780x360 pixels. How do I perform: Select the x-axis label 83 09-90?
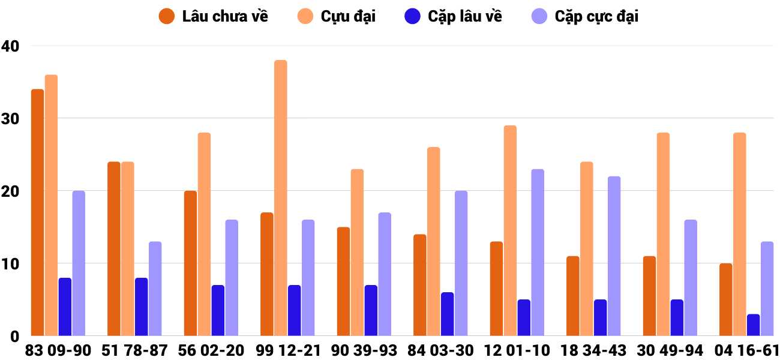tap(58, 350)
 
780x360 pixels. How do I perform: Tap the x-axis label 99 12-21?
tap(288, 350)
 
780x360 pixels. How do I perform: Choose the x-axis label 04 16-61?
tap(747, 350)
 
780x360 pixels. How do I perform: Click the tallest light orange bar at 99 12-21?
tap(281, 198)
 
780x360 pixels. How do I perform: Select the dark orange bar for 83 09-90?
tap(37, 212)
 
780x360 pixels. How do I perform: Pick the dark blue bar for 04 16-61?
tap(754, 325)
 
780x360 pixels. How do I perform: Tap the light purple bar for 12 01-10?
tap(538, 253)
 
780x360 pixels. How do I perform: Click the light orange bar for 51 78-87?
tap(127, 249)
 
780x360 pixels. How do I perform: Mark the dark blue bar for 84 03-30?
tap(448, 314)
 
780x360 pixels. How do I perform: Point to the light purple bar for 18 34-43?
tap(614, 256)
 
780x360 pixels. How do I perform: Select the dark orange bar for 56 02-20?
tap(190, 263)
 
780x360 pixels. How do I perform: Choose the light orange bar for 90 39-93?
tap(357, 253)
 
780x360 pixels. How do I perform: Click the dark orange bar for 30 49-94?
tap(649, 296)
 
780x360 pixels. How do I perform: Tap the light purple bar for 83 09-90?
tap(79, 263)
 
